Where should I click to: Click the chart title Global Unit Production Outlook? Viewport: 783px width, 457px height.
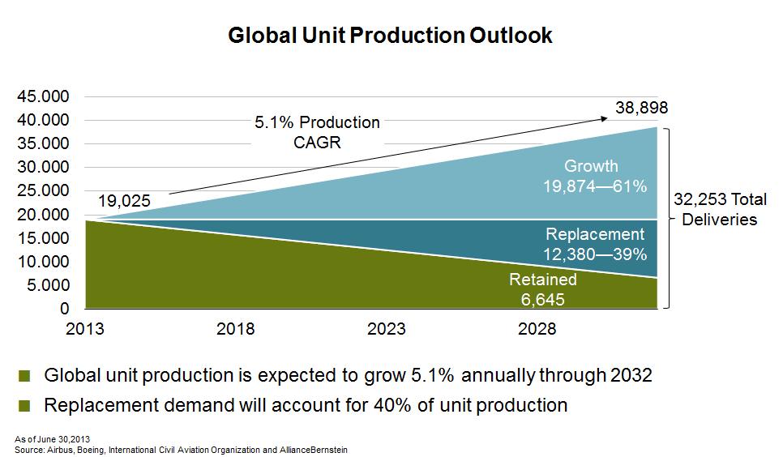391,36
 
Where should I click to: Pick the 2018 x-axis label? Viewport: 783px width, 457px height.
236,329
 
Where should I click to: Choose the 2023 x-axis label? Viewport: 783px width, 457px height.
387,329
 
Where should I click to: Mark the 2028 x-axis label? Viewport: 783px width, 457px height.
537,329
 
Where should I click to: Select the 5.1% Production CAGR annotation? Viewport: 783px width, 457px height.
317,131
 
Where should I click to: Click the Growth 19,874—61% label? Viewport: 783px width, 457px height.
595,177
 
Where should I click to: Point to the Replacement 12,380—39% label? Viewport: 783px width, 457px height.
595,244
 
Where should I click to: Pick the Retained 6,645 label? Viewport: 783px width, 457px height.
543,289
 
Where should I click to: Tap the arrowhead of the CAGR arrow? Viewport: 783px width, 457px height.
605,119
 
